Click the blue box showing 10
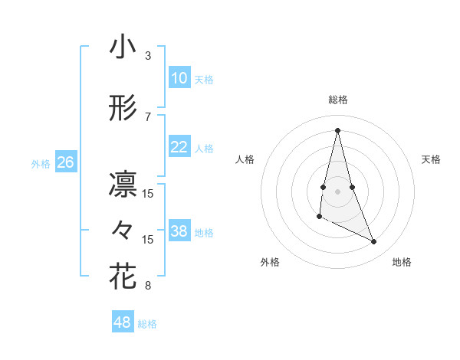pyautogui.click(x=179, y=78)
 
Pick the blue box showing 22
pyautogui.click(x=179, y=147)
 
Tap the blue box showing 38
pyautogui.click(x=179, y=231)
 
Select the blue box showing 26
pyautogui.click(x=65, y=162)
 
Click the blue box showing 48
pyautogui.click(x=122, y=322)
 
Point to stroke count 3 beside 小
pyautogui.click(x=148, y=56)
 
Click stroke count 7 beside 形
pyautogui.click(x=148, y=117)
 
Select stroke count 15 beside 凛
pyautogui.click(x=148, y=194)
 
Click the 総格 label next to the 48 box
pyautogui.click(x=147, y=324)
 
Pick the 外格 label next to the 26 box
pyautogui.click(x=41, y=164)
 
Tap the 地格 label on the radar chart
pyautogui.click(x=402, y=263)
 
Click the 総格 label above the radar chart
pyautogui.click(x=337, y=100)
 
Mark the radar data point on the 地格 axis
pyautogui.click(x=374, y=242)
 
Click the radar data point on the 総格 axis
pyautogui.click(x=337, y=130)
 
